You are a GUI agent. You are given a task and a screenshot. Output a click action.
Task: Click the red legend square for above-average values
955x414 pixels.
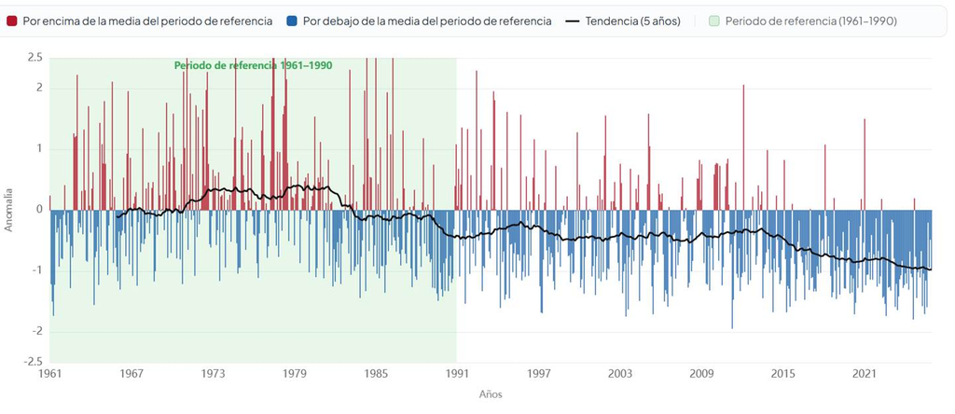coord(11,21)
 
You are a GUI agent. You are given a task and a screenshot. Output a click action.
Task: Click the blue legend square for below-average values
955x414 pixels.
coord(292,21)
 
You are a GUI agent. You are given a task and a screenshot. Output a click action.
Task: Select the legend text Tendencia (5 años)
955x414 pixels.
coord(633,21)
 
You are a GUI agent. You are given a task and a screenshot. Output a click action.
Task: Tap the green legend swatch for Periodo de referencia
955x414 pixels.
coord(714,21)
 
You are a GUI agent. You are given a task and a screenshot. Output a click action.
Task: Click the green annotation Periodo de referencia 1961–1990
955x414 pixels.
coord(254,66)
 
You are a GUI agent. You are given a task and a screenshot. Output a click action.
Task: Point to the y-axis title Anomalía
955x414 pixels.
coord(8,210)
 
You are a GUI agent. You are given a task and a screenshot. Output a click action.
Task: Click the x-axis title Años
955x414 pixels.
coord(491,394)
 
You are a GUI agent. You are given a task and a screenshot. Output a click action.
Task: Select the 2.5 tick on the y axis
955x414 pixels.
coord(35,58)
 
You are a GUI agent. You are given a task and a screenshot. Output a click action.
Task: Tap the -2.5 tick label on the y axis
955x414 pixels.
coord(33,362)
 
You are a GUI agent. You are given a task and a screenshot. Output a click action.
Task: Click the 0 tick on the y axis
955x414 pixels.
coord(39,210)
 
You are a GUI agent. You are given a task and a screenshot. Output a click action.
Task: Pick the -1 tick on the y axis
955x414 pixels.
coord(37,270)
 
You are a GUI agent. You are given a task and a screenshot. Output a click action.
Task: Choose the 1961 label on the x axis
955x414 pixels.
coord(49,373)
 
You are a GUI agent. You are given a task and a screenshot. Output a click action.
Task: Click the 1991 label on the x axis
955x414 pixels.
coord(457,373)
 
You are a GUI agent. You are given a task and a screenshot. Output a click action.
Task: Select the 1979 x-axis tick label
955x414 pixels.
coord(294,373)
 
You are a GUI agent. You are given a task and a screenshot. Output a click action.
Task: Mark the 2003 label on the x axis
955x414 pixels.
coord(620,373)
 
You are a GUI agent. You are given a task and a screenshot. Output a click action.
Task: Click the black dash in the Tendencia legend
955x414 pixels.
coord(572,21)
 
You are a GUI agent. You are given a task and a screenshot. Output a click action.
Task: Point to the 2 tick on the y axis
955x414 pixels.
coord(39,89)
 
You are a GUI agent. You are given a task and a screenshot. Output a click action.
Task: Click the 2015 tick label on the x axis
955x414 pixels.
coord(782,373)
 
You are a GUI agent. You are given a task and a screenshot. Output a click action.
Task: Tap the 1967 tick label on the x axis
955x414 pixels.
coord(131,373)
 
